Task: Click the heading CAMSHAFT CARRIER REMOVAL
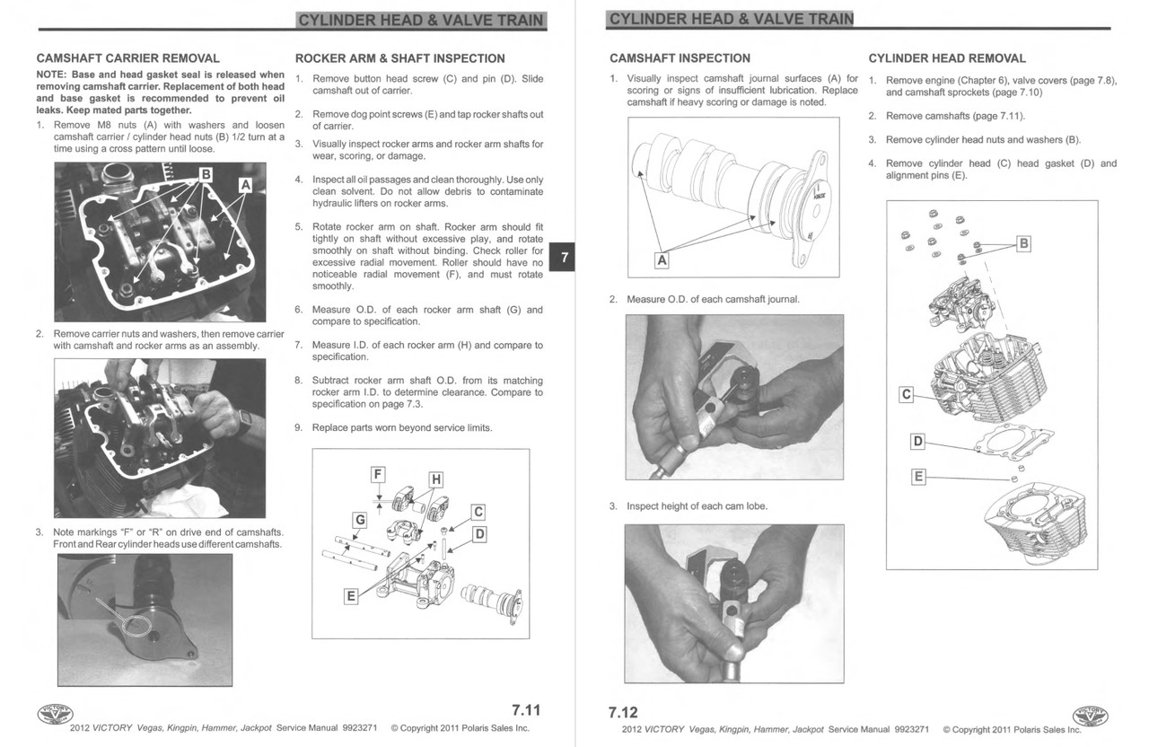tap(127, 58)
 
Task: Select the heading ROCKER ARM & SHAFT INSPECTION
tap(399, 58)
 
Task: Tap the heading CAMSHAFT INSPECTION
tap(680, 58)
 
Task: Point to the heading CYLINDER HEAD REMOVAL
tap(947, 58)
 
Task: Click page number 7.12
tap(623, 713)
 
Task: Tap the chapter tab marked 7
tap(564, 257)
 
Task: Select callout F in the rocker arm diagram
tap(378, 474)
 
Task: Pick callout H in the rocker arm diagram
tap(435, 479)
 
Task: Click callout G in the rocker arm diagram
tap(359, 520)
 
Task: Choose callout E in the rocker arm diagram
tap(351, 595)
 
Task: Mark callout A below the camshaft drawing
tap(662, 260)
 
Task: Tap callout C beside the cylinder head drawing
tap(906, 394)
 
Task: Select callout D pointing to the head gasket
tap(917, 441)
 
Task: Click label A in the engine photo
tap(244, 185)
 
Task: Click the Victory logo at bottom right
tap(1091, 716)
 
